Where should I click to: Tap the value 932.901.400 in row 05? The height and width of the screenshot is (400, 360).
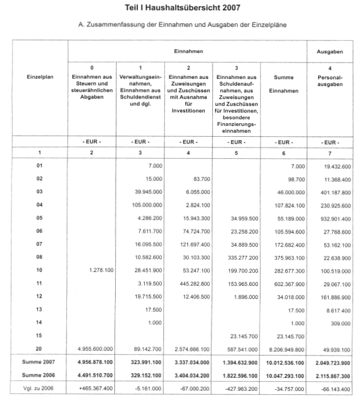332,218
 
